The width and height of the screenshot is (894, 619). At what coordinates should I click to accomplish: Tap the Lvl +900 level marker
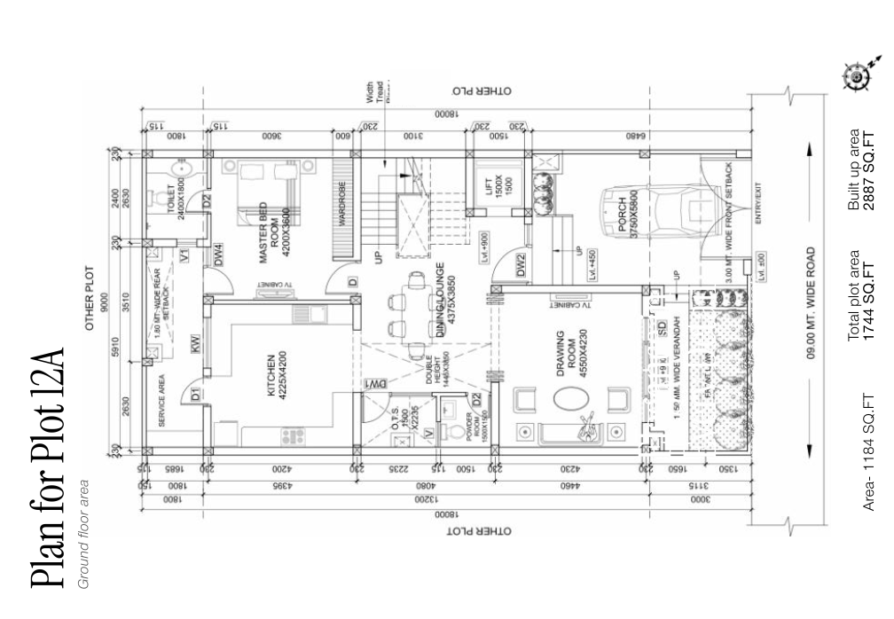(x=484, y=244)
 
